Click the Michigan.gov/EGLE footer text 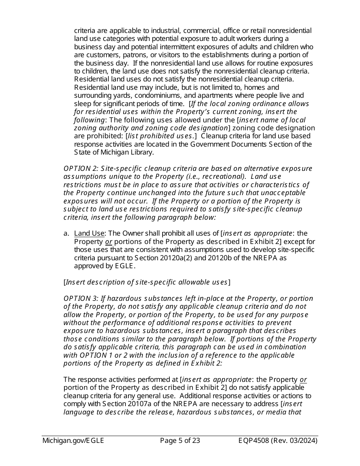(73, 441)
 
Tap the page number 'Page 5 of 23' (180, 441)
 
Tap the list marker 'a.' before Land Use (66, 233)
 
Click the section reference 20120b (216, 258)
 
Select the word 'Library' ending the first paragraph (142, 152)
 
